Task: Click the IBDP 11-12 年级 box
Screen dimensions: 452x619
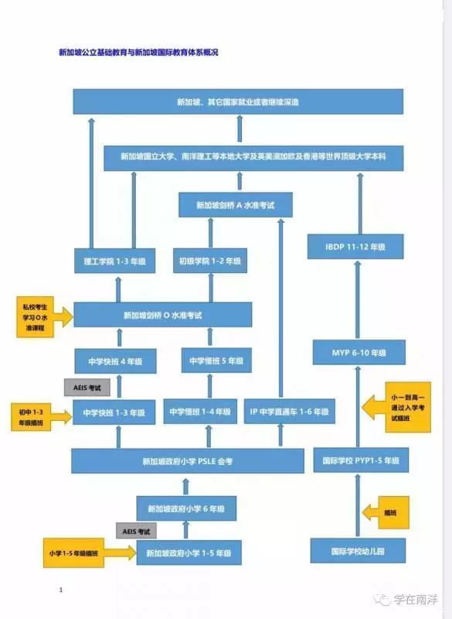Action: (355, 247)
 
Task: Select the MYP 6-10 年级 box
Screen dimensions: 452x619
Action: (359, 352)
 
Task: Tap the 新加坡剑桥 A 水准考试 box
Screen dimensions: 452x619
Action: (236, 205)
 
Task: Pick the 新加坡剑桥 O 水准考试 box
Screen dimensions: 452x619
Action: (163, 315)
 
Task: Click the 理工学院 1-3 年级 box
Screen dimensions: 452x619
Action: (114, 261)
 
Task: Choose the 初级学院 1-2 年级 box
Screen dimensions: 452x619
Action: (210, 261)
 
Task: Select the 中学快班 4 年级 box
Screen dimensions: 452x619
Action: (115, 361)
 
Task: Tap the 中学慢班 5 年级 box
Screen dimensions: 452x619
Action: (216, 361)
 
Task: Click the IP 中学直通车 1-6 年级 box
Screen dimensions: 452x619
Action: (290, 412)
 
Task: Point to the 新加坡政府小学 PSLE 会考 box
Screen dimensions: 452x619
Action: (188, 460)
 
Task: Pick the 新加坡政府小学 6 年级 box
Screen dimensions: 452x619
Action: (186, 508)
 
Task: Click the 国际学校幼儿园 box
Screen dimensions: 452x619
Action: (358, 551)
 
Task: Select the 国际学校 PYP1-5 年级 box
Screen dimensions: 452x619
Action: (361, 460)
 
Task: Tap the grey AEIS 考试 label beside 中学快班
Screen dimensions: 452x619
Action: (87, 388)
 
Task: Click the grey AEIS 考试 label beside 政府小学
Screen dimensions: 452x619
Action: (136, 531)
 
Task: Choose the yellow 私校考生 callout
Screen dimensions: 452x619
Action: (35, 317)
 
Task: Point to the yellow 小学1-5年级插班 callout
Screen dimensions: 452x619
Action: (73, 552)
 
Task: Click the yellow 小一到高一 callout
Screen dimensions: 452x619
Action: (408, 407)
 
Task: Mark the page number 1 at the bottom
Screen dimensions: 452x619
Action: (61, 590)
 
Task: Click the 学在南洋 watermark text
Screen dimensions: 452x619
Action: (416, 600)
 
